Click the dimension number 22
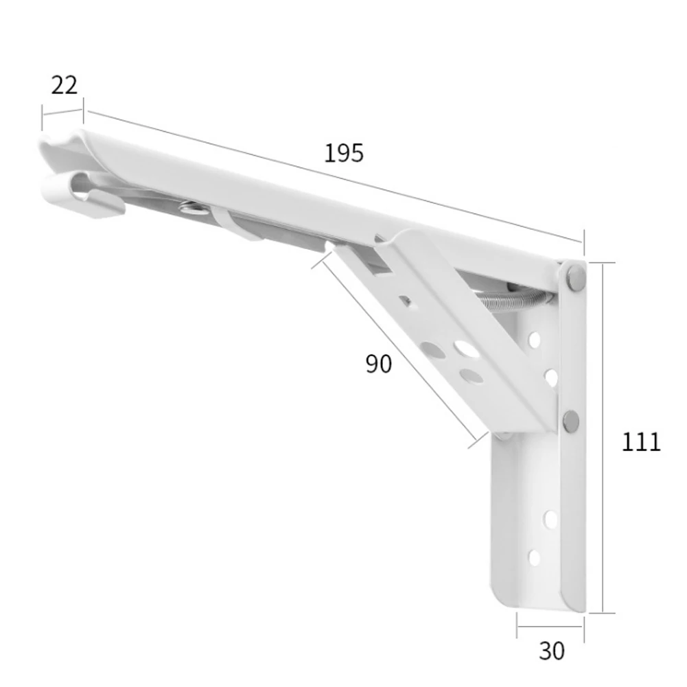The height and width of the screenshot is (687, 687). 64,85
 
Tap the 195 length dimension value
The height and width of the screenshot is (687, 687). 344,153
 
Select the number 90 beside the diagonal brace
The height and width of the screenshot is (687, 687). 379,364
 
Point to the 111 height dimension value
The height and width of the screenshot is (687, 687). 641,442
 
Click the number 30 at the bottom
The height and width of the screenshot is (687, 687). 552,651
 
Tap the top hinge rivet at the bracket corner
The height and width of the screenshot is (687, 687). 575,277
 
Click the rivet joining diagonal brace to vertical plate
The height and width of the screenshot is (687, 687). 570,421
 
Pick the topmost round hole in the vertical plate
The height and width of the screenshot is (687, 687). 535,340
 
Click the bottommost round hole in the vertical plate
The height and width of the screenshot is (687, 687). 535,558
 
